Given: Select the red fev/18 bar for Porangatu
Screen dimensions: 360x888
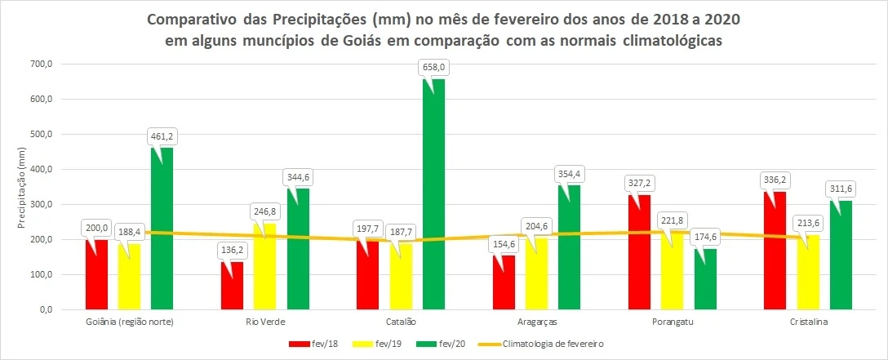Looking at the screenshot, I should (x=638, y=252).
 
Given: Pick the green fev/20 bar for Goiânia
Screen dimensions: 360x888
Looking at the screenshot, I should (x=162, y=229).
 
